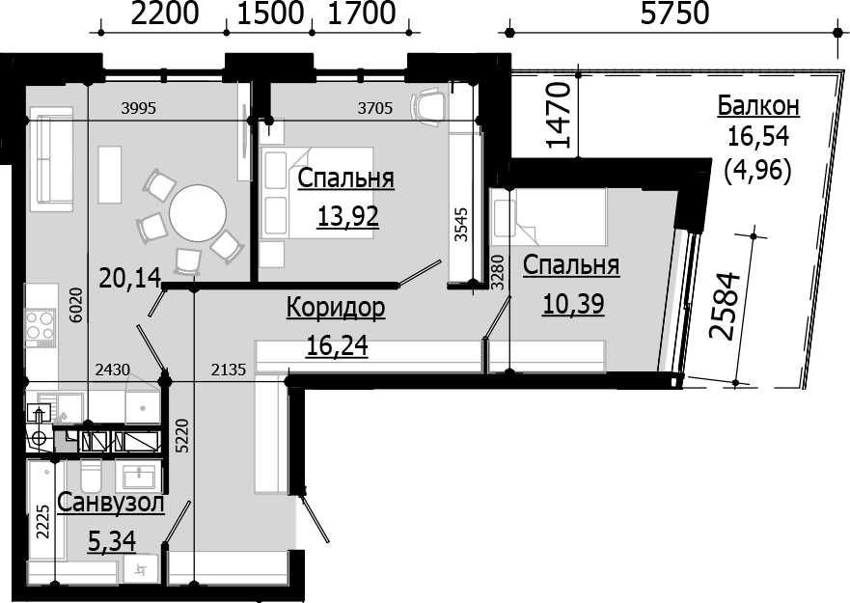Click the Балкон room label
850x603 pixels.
point(758,105)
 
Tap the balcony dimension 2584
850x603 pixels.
point(727,305)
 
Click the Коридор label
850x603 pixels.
point(336,308)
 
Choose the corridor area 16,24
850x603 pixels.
point(336,344)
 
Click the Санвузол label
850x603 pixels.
point(110,503)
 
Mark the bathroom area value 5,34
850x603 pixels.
point(110,543)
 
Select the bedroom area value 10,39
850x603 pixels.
point(572,304)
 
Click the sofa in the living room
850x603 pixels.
point(52,159)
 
